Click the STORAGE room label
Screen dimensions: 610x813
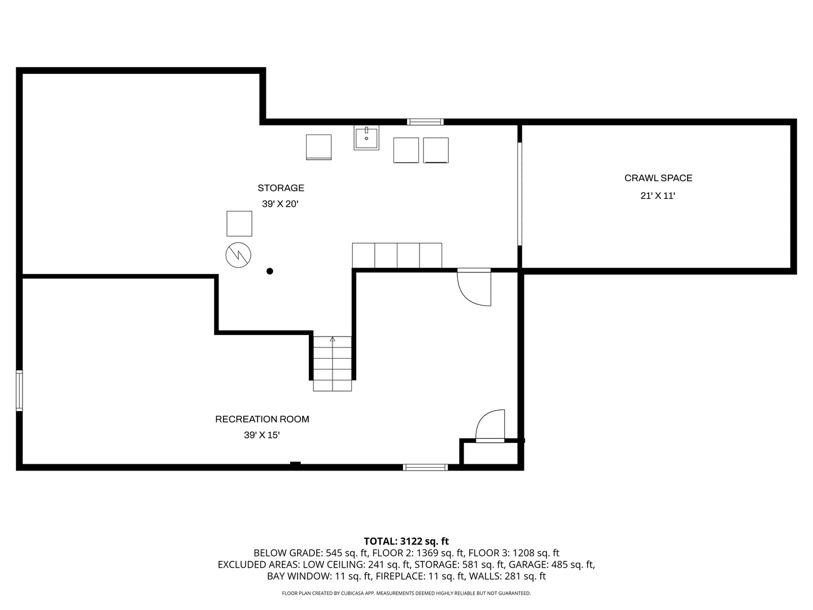pyautogui.click(x=281, y=188)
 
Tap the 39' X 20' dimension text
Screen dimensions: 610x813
pyautogui.click(x=279, y=204)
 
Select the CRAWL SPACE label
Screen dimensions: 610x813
pyautogui.click(x=658, y=178)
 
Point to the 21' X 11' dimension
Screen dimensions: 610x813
pyautogui.click(x=658, y=196)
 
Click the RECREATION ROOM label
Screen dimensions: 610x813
pyautogui.click(x=262, y=419)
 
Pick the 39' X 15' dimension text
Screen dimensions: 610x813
pyautogui.click(x=262, y=435)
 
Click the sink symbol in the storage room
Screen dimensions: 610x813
pyautogui.click(x=366, y=137)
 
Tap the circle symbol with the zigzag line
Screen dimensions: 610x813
pyautogui.click(x=238, y=256)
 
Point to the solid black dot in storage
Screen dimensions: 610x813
pyautogui.click(x=270, y=271)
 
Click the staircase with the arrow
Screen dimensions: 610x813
pyautogui.click(x=333, y=363)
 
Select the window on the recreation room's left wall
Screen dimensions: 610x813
pyautogui.click(x=19, y=390)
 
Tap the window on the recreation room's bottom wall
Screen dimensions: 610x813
pyautogui.click(x=425, y=467)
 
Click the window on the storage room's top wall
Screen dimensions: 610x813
pyautogui.click(x=425, y=121)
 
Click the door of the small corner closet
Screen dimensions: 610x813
pyautogui.click(x=490, y=426)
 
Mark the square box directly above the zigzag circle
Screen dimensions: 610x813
pyautogui.click(x=239, y=224)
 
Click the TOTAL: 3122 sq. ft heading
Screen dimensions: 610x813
pyautogui.click(x=406, y=541)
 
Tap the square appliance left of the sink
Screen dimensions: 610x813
pyautogui.click(x=318, y=147)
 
